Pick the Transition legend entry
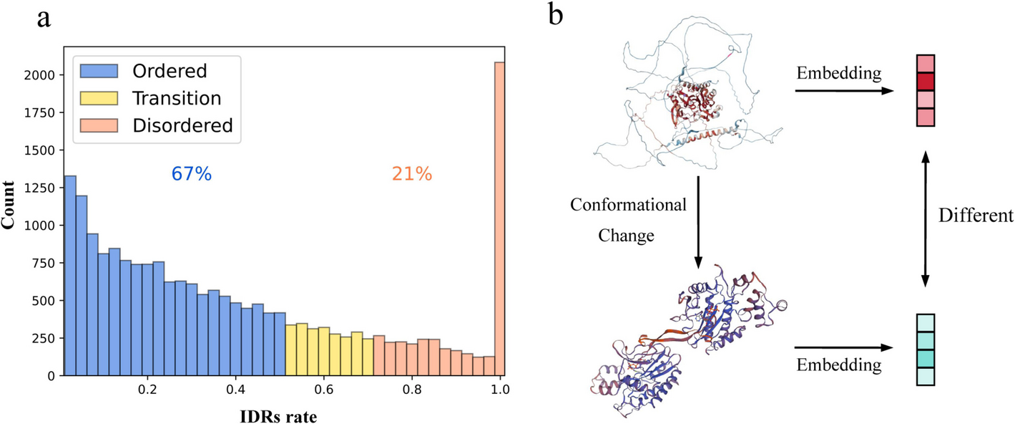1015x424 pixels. coord(153,98)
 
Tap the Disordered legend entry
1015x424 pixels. coord(153,125)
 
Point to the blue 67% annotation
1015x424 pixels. coord(191,174)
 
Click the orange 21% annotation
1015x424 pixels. coord(412,174)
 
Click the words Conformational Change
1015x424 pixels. coord(628,220)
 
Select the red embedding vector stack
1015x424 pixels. coord(926,91)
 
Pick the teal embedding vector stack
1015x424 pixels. coord(926,350)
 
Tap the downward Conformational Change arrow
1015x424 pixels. coord(698,221)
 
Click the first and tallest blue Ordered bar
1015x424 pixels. coord(70,276)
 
